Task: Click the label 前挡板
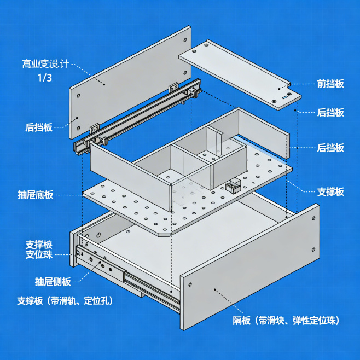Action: tap(330, 84)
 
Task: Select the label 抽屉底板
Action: tap(36, 195)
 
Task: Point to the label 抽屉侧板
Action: tap(53, 282)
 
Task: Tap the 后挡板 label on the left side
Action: tap(39, 127)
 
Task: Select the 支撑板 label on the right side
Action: tap(330, 191)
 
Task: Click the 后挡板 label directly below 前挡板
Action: tap(330, 112)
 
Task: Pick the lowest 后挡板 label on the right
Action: tap(330, 147)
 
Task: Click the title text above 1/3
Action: tap(45, 63)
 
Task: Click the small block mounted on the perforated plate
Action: tap(234, 185)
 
